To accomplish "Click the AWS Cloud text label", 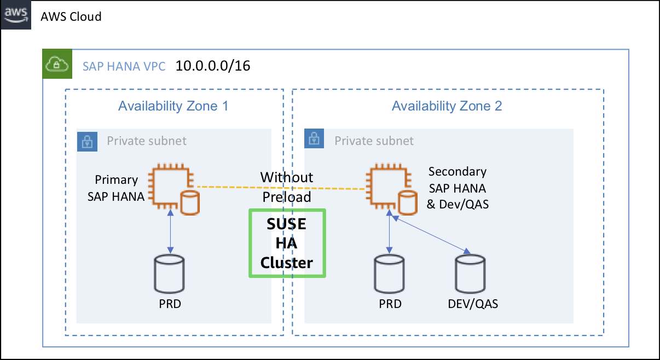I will (71, 16).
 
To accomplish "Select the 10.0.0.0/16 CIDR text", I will (212, 66).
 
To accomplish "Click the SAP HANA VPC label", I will (124, 67).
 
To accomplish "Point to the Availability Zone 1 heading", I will (173, 106).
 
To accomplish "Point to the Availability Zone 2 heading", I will (447, 106).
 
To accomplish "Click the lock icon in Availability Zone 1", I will (88, 141).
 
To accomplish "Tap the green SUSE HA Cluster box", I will (287, 243).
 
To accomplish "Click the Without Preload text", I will (287, 187).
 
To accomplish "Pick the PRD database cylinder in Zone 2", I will (390, 275).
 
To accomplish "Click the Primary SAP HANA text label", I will (116, 188).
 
